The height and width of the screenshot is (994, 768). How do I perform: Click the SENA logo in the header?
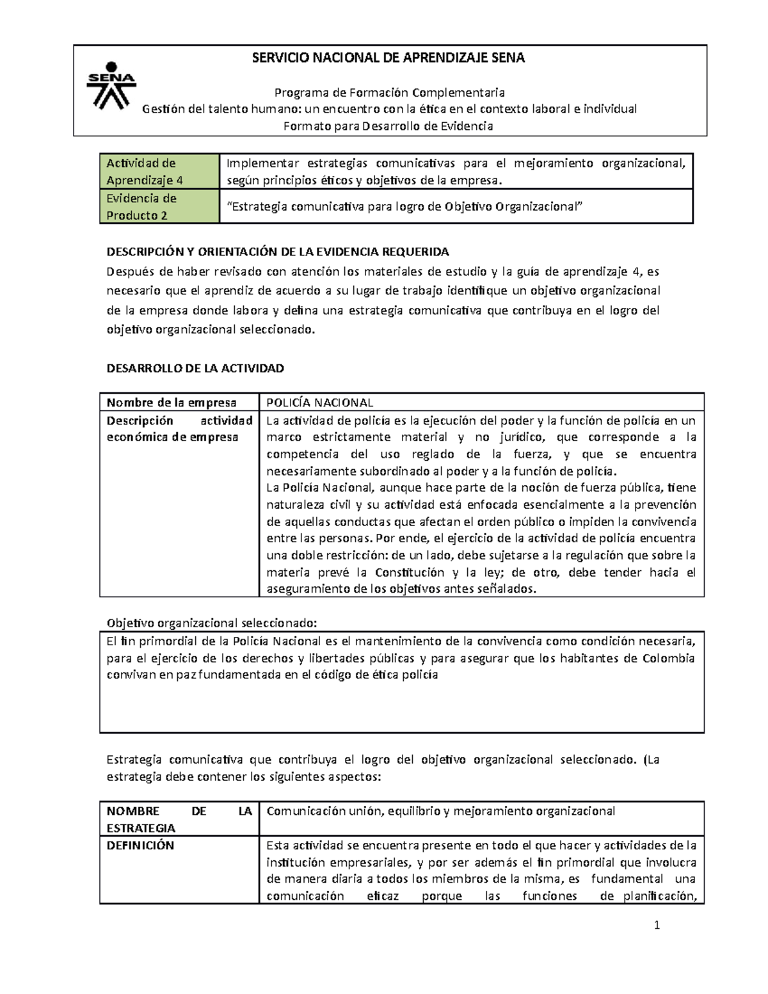[x=111, y=85]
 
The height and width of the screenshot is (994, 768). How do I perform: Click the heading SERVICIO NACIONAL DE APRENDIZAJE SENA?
[x=388, y=58]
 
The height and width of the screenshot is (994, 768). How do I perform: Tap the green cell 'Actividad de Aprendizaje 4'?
[x=159, y=172]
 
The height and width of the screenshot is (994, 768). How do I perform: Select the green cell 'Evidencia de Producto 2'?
[x=159, y=207]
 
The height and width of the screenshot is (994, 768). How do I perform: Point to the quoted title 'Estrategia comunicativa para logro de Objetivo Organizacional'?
[x=406, y=207]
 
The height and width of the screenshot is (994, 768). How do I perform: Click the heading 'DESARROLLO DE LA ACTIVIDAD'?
[x=195, y=369]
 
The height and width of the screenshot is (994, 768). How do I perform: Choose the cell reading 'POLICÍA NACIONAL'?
[x=320, y=403]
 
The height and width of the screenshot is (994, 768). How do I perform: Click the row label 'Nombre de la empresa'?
[x=172, y=403]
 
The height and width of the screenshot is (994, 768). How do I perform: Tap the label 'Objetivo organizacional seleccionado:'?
[x=211, y=623]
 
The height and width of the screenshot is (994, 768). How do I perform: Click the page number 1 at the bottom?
[x=657, y=925]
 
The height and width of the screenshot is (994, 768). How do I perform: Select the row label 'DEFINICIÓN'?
[x=140, y=846]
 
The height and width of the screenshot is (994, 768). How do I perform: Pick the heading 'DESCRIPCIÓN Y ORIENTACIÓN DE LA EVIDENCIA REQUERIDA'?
[x=278, y=252]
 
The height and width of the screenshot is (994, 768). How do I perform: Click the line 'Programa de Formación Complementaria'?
[x=389, y=93]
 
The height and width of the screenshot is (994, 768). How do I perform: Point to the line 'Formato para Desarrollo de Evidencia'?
[x=388, y=126]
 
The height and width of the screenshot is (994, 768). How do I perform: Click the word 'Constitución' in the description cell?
[x=410, y=573]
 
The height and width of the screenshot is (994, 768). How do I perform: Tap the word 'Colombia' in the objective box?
[x=668, y=659]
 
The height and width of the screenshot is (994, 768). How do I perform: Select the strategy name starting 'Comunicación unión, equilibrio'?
[x=440, y=812]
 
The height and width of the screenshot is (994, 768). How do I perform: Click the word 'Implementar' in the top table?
[x=262, y=164]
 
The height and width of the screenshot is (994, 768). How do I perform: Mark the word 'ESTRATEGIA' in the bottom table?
[x=141, y=828]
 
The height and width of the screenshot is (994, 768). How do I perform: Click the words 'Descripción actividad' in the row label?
[x=179, y=421]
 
